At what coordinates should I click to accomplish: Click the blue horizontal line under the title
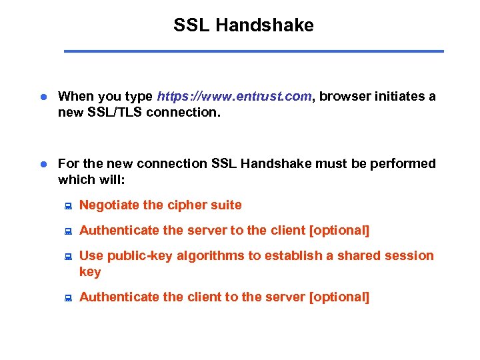pyautogui.click(x=253, y=51)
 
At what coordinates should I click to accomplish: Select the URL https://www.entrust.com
pyautogui.click(x=234, y=96)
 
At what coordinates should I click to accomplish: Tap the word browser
pyautogui.click(x=345, y=96)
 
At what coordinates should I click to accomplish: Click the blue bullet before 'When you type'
pyautogui.click(x=41, y=97)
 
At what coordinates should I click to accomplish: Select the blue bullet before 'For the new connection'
pyautogui.click(x=41, y=164)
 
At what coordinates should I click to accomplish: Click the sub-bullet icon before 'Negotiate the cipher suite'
pyautogui.click(x=67, y=206)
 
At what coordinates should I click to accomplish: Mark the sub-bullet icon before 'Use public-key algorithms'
pyautogui.click(x=67, y=257)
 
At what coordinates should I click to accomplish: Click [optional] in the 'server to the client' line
pyautogui.click(x=339, y=230)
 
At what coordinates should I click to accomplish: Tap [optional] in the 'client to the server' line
pyautogui.click(x=339, y=297)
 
